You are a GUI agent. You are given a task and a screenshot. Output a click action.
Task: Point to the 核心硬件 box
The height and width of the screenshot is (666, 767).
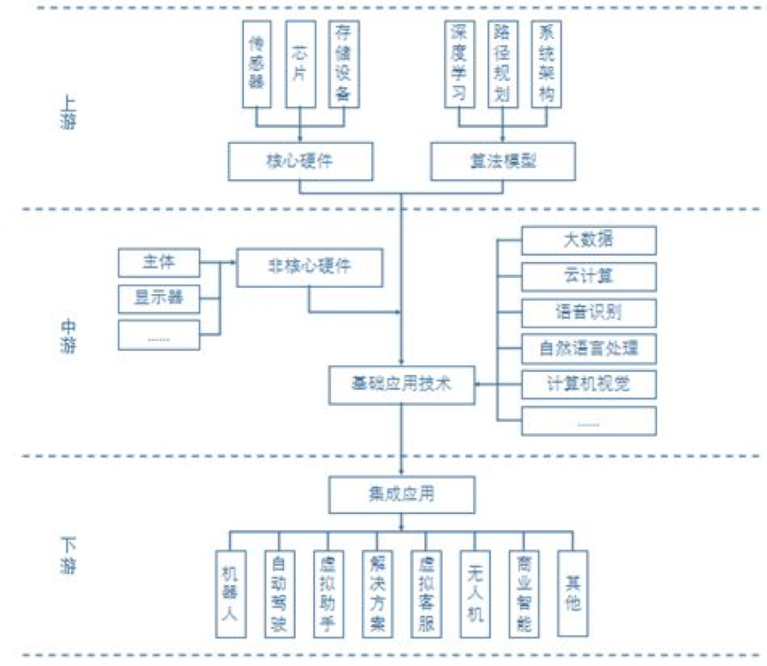[300, 161]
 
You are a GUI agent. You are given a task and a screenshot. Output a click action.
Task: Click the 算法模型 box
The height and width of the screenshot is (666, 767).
[503, 161]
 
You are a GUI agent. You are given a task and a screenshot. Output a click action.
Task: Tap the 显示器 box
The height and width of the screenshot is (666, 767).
[158, 297]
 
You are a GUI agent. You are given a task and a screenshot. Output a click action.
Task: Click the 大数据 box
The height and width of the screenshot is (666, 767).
[589, 240]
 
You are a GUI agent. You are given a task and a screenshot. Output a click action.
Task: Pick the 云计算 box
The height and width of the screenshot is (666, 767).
[589, 276]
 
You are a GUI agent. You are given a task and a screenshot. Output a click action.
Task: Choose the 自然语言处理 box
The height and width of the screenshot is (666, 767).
[589, 348]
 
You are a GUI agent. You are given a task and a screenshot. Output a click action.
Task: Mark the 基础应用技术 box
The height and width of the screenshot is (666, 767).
[402, 384]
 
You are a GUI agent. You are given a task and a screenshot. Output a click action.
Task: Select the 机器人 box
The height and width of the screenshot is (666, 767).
[231, 593]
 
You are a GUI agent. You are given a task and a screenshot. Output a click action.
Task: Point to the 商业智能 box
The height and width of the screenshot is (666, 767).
[524, 593]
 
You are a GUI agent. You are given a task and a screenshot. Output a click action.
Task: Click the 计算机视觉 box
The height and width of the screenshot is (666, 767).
[589, 384]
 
